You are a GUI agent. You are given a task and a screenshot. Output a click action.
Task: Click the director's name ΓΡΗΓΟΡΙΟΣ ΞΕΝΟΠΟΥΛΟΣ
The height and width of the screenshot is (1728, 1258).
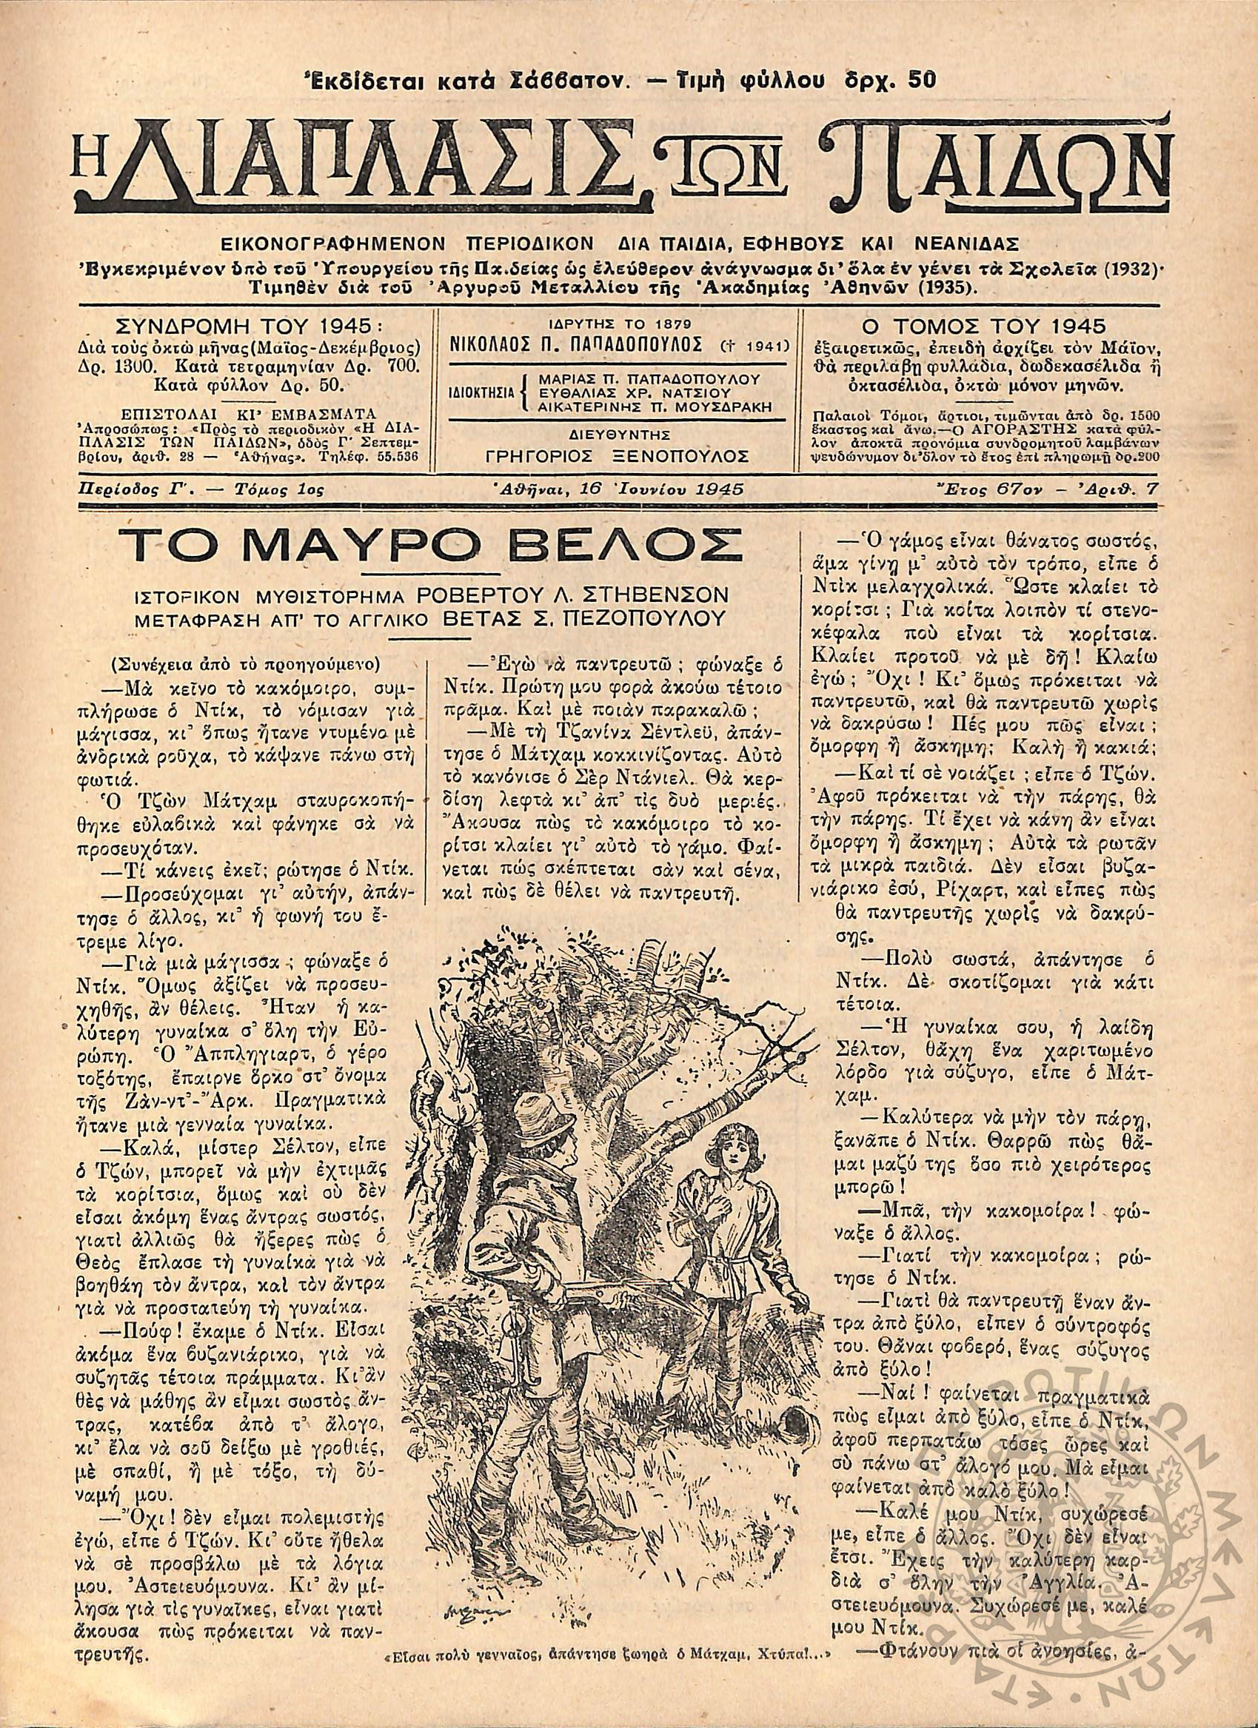tap(618, 456)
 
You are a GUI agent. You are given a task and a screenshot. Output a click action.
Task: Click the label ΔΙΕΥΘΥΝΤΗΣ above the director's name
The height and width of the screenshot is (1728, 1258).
tap(618, 435)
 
